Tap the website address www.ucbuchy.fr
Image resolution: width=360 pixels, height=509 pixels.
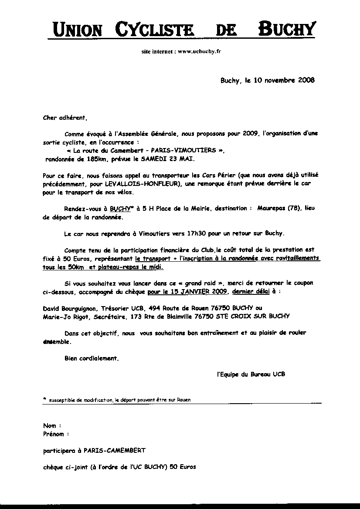pos(199,51)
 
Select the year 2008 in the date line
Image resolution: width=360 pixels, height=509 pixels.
pos(306,80)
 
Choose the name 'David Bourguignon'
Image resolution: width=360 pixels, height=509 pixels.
pos(68,308)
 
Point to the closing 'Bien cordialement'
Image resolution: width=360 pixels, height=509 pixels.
pos(91,358)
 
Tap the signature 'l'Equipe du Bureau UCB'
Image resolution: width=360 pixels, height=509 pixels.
pos(251,374)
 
